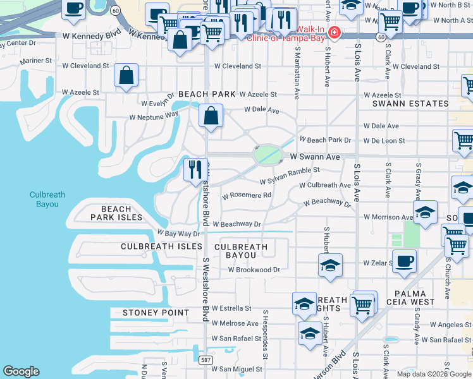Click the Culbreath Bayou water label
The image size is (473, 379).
(x=47, y=200)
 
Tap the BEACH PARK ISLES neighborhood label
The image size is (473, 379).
(x=116, y=214)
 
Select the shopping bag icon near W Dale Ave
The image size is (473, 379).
(x=211, y=116)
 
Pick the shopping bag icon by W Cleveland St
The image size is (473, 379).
(x=126, y=75)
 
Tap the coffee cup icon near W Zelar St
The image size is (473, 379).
(x=404, y=261)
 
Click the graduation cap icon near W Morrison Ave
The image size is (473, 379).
(x=425, y=212)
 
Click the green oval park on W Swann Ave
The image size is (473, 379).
(x=267, y=154)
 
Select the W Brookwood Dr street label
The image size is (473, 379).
(x=254, y=270)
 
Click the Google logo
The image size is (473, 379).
(x=21, y=371)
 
